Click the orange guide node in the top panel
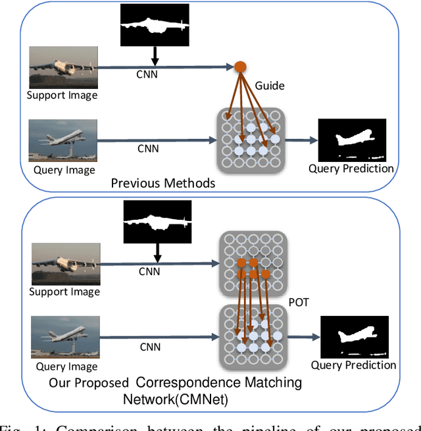point(240,66)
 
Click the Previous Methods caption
point(163,183)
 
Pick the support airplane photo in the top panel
point(62,68)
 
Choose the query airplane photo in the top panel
point(63,141)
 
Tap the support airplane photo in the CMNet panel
point(66,264)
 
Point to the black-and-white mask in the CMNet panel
point(157,221)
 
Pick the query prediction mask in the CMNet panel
point(354,336)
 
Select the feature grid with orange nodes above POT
point(253,263)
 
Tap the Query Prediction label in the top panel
point(351,169)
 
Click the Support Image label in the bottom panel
point(66,292)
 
